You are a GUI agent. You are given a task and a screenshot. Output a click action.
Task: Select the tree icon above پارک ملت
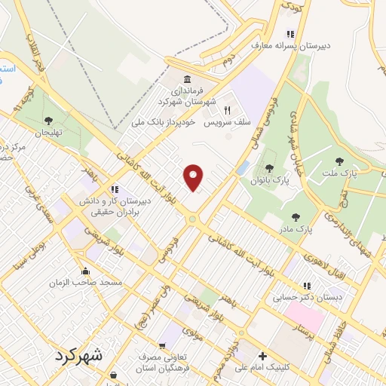tap(339, 161)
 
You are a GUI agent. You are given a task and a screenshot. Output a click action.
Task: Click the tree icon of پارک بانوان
tap(269, 168)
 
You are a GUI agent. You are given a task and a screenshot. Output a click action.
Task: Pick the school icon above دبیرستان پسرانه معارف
tap(290, 35)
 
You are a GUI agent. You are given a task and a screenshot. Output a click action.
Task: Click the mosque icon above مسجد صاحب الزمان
tap(84, 271)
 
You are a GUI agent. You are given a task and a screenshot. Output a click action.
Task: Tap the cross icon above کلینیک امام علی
tap(262, 357)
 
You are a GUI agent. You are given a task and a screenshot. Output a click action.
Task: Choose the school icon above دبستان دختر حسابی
tap(307, 286)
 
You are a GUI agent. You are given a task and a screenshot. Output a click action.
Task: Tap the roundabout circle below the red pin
tap(194, 219)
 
